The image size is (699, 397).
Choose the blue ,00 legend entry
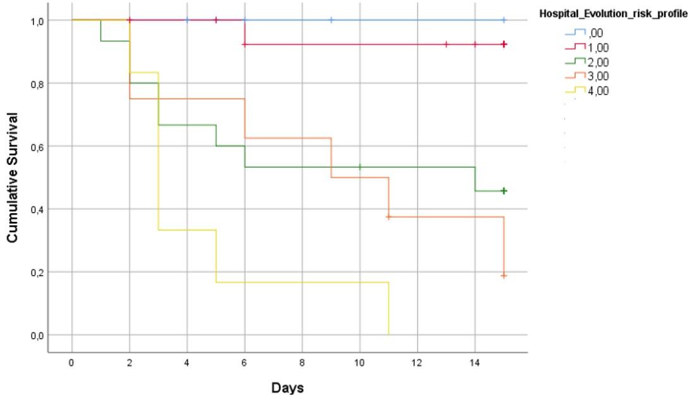click(590, 33)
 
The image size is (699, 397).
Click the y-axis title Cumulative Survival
click(13, 178)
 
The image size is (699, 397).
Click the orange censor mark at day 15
click(504, 276)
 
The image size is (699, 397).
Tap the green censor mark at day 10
click(360, 167)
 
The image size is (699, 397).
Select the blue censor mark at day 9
click(331, 20)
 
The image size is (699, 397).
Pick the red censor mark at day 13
click(446, 44)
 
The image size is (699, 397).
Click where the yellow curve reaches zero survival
click(389, 334)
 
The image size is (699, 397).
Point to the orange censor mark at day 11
click(389, 217)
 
